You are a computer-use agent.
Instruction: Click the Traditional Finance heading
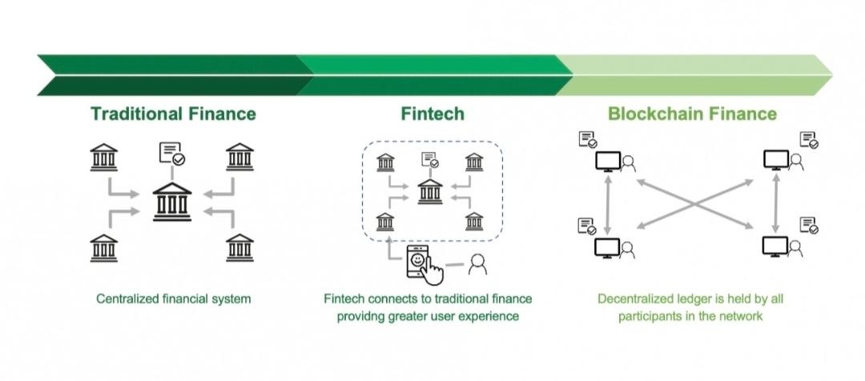tap(173, 114)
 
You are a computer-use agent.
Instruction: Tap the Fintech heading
tap(432, 114)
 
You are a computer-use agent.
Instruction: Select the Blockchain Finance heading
tap(692, 114)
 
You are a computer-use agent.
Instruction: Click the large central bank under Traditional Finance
tap(172, 202)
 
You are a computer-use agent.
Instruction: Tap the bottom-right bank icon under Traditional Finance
tap(239, 248)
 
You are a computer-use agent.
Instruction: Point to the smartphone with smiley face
tap(422, 263)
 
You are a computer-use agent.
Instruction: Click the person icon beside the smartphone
tap(478, 263)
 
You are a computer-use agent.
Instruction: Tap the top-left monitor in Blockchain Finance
tap(607, 162)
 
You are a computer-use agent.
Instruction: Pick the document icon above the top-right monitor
tap(810, 141)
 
